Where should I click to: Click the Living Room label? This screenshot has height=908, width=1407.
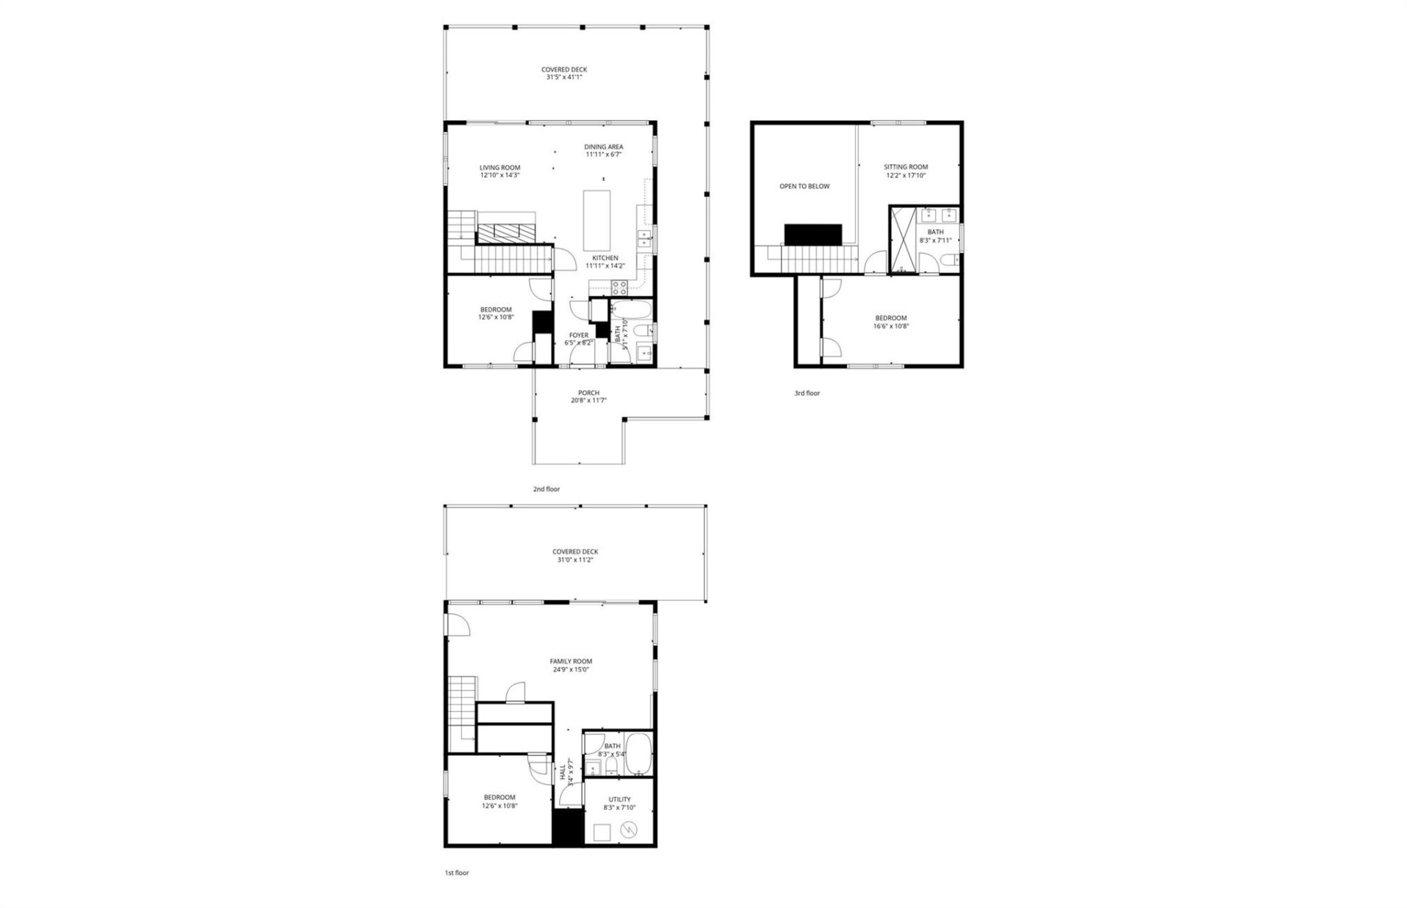click(x=500, y=168)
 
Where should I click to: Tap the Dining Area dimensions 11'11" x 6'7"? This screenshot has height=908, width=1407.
click(x=603, y=155)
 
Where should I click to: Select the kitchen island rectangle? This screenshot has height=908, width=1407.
click(x=597, y=221)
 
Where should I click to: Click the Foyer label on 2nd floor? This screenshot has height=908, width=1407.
click(x=578, y=335)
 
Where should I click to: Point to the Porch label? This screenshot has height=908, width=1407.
click(x=588, y=393)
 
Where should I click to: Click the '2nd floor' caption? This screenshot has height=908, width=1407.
click(x=546, y=489)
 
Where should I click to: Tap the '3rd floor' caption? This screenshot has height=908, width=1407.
click(x=807, y=394)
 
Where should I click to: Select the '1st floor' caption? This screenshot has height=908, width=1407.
click(x=457, y=873)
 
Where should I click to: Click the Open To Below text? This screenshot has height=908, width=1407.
click(x=804, y=186)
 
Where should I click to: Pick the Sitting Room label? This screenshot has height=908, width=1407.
click(x=905, y=167)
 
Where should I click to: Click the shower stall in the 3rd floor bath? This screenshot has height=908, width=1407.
click(x=903, y=240)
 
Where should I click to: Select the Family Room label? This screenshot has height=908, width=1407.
click(x=571, y=661)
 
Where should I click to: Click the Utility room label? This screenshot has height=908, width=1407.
click(x=619, y=800)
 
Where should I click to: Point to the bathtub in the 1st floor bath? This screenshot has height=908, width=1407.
click(x=638, y=753)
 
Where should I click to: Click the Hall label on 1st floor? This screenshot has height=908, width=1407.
click(x=563, y=773)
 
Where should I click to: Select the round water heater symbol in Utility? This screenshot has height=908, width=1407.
click(x=628, y=830)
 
